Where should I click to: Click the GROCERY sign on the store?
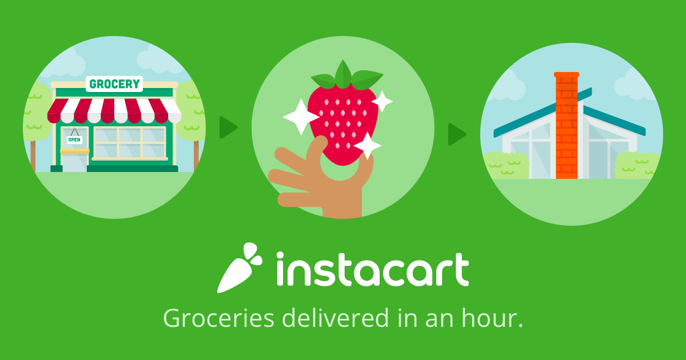coord(114,84)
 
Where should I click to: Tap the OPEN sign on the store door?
coord(74,140)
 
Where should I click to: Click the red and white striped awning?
coord(114,110)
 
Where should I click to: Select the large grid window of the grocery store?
coord(130,143)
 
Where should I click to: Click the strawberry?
coord(343,122)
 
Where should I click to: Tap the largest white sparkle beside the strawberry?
coord(301,117)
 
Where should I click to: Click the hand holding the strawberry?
coord(321,181)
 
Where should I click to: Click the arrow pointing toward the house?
coord(457,134)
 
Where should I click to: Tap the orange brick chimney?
coord(567,126)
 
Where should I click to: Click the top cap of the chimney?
coord(567,74)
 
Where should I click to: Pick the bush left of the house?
coord(506,166)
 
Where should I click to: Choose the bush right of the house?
coord(636,165)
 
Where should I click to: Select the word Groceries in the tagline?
coord(218,318)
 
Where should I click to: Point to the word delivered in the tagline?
coord(336,318)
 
